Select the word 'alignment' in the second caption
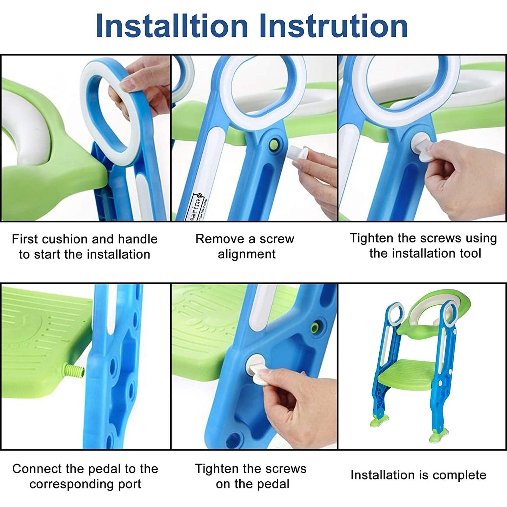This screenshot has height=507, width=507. point(247,254)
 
